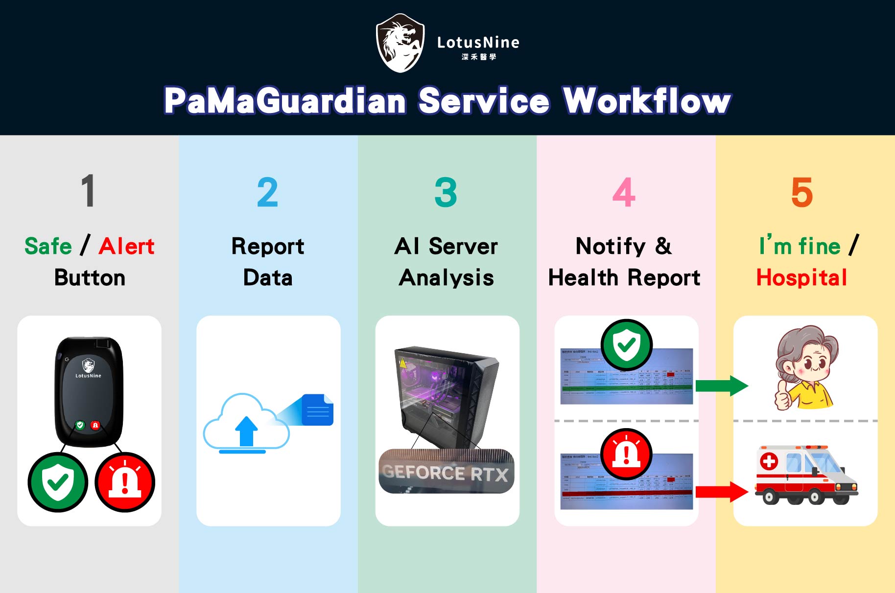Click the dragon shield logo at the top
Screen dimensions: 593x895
(x=400, y=43)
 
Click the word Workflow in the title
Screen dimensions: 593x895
(x=647, y=101)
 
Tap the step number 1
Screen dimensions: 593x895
(x=88, y=191)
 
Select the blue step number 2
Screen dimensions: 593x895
(x=267, y=192)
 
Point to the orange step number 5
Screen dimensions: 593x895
(x=801, y=192)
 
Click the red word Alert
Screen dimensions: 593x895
(x=126, y=246)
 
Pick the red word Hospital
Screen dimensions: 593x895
(x=801, y=277)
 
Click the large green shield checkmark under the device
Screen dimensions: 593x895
(x=58, y=482)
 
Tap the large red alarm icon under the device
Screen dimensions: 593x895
(x=125, y=482)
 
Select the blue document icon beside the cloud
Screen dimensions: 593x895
(x=318, y=410)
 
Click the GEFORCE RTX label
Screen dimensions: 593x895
(x=446, y=473)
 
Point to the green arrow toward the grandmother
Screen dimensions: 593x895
(x=721, y=386)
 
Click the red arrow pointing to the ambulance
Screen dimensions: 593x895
(x=721, y=492)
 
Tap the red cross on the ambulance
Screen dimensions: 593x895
(x=769, y=461)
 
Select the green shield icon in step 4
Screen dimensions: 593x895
(x=627, y=345)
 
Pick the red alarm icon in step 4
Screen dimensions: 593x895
(x=627, y=454)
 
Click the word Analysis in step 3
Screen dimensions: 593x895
(x=446, y=278)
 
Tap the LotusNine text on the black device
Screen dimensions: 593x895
(x=88, y=376)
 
